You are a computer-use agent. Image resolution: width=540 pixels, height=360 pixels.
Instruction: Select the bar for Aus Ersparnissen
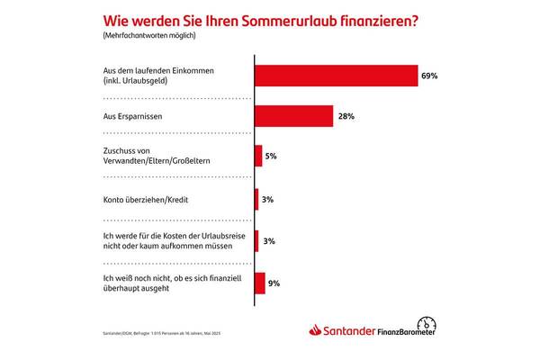click(x=283, y=116)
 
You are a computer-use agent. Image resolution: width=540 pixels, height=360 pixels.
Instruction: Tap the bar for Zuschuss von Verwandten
click(x=259, y=156)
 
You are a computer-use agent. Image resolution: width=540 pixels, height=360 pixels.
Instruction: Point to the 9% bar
click(x=260, y=283)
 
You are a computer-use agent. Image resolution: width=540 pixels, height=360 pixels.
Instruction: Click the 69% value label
click(x=429, y=76)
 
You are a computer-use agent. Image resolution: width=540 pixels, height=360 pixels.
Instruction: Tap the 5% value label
click(x=271, y=156)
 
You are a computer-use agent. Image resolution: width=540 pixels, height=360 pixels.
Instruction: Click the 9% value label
click(x=274, y=283)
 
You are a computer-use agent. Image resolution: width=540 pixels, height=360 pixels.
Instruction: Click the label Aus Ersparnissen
click(x=136, y=116)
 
